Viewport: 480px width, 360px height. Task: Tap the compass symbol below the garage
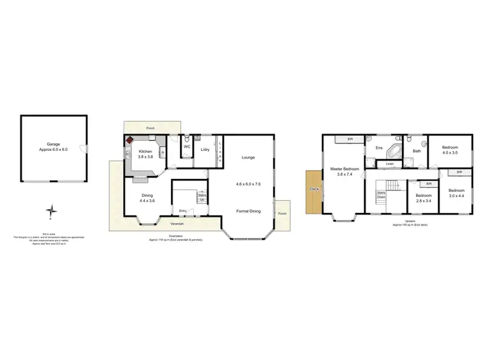[54, 210]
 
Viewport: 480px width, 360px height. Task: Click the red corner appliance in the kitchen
[129, 139]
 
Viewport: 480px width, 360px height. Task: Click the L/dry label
[205, 150]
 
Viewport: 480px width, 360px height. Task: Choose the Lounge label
[248, 157]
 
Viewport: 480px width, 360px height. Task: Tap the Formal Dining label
[248, 211]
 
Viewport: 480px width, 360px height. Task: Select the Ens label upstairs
[379, 148]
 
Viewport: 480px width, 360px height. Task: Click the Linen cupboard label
[390, 164]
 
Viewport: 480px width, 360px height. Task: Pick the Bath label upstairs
[417, 151]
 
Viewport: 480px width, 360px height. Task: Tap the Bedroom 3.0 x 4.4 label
[456, 193]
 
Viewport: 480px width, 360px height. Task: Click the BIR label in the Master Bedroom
[350, 139]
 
